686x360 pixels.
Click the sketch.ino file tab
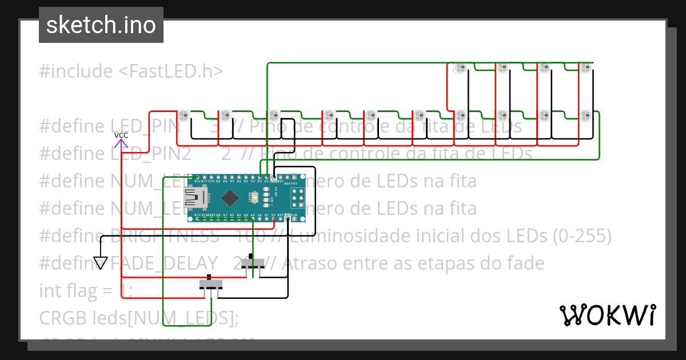click(x=101, y=25)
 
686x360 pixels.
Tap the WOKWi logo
click(x=607, y=315)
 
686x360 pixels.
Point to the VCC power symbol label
click(x=121, y=135)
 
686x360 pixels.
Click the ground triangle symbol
click(x=101, y=263)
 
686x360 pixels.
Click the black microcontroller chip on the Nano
click(x=230, y=198)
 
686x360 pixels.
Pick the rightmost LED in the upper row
click(x=585, y=67)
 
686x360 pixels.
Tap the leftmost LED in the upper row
click(x=460, y=68)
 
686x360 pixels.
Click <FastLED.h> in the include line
click(x=171, y=71)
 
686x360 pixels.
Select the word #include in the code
click(x=76, y=71)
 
